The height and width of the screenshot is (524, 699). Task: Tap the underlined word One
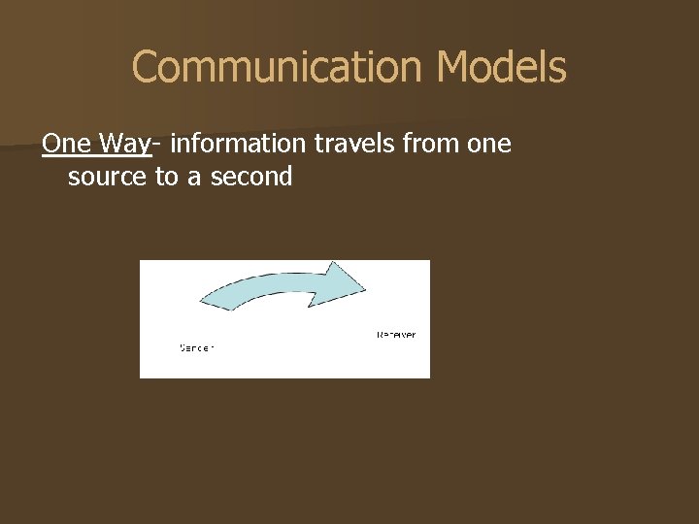[67, 144]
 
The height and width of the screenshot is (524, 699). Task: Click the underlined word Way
[124, 144]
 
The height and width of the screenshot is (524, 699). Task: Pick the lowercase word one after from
[485, 144]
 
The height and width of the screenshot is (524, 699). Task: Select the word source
[108, 177]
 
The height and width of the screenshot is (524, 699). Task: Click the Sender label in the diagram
[197, 347]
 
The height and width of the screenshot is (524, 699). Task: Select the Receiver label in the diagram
[396, 335]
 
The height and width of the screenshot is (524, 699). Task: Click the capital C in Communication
[145, 68]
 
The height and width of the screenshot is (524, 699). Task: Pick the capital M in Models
[453, 68]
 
